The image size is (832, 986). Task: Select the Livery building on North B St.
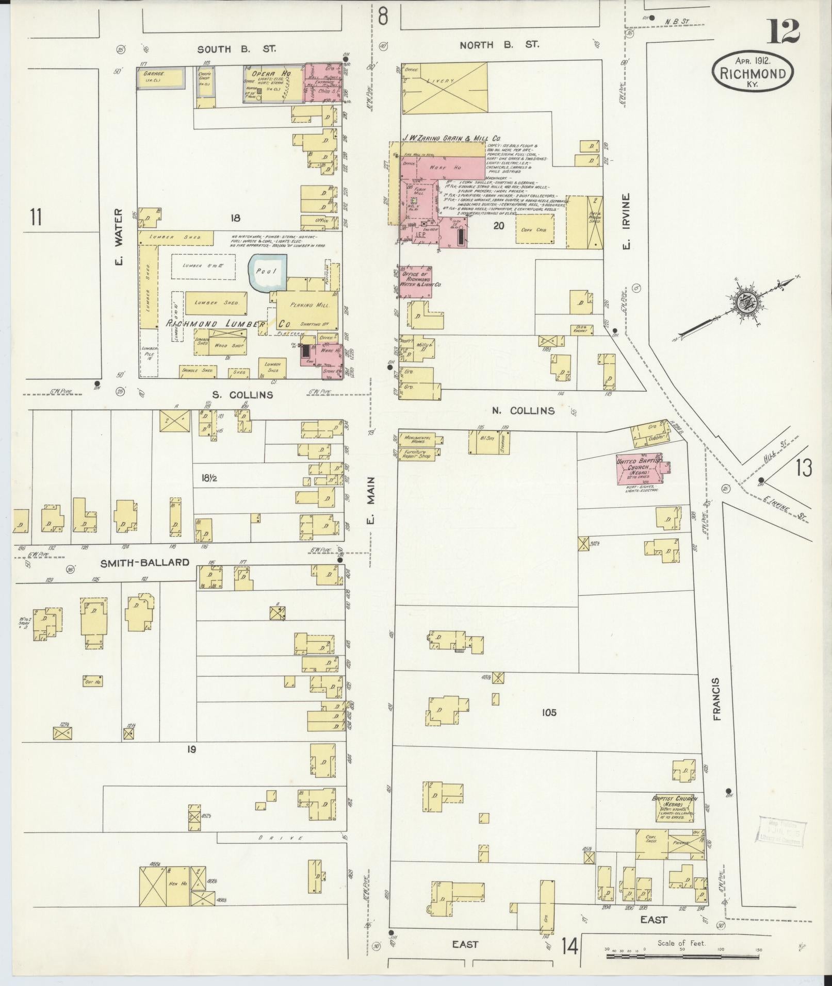point(444,88)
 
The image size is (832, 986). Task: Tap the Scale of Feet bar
point(681,956)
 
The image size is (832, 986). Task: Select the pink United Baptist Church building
point(638,468)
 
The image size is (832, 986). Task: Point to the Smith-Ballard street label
point(145,562)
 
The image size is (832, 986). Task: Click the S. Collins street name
point(242,395)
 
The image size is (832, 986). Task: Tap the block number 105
point(549,712)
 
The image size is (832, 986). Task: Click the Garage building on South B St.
point(159,77)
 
